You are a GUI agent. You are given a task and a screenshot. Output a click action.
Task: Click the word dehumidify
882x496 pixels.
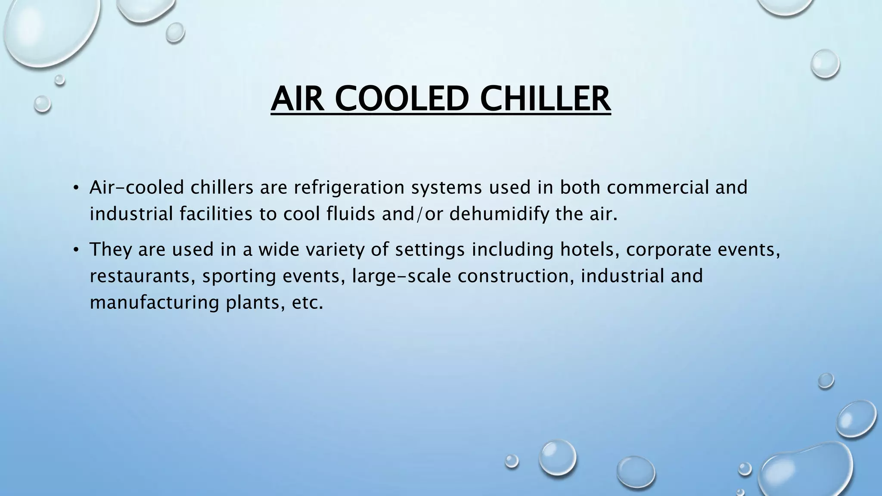pos(499,214)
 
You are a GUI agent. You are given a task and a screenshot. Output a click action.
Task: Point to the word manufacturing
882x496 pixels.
pos(155,303)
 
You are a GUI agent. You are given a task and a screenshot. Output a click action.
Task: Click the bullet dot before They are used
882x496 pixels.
pos(76,249)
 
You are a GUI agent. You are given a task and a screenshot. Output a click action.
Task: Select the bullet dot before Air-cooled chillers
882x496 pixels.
pos(76,187)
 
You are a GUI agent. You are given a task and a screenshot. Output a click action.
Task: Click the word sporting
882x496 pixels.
pos(239,276)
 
